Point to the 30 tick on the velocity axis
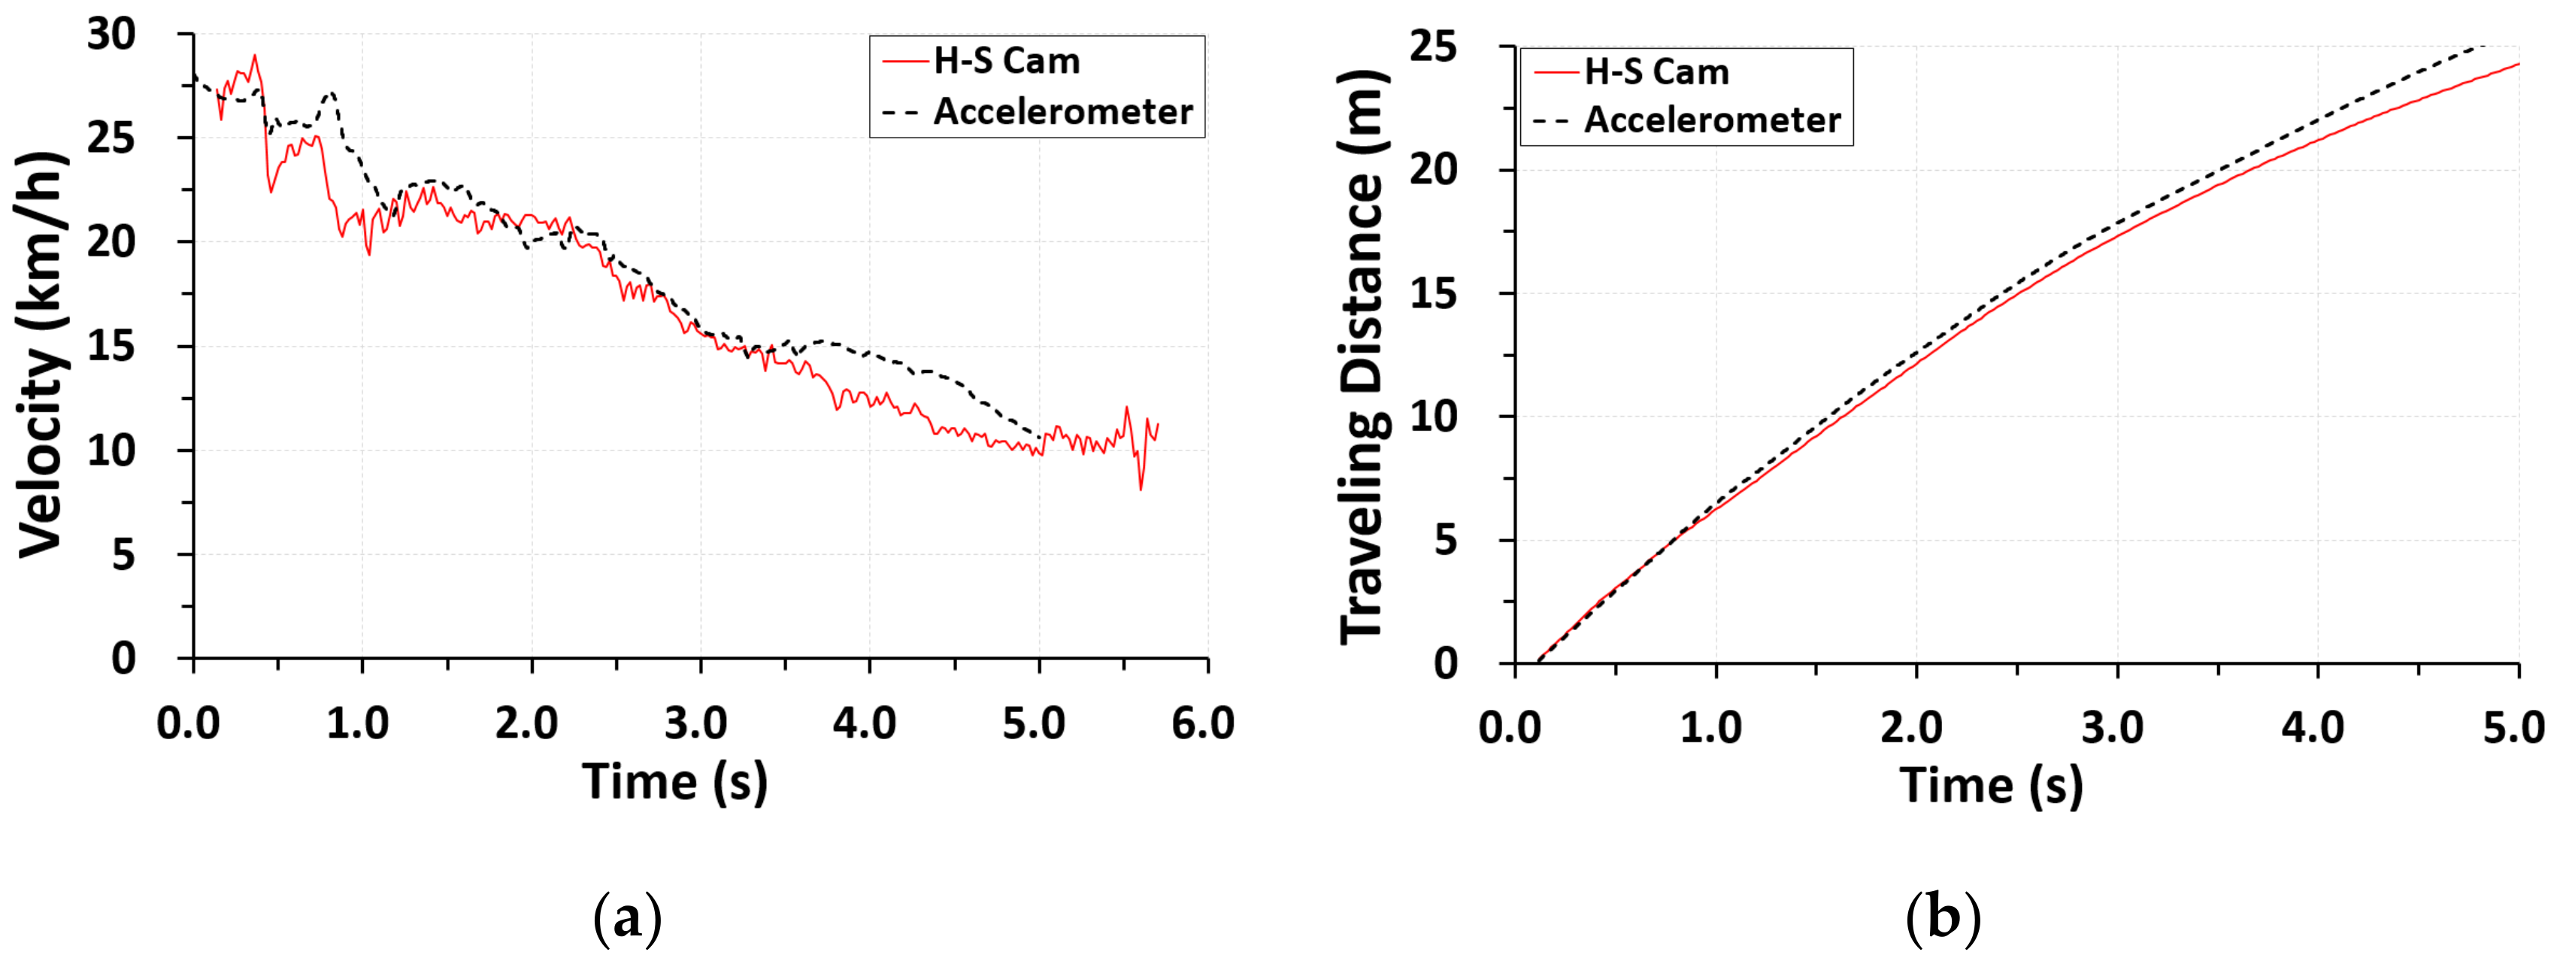click(x=111, y=35)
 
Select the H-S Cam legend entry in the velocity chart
click(x=1006, y=62)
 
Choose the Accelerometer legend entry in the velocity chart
click(x=1062, y=111)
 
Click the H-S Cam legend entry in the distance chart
click(x=1656, y=72)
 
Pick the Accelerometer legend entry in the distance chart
click(x=1711, y=120)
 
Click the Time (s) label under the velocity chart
click(x=675, y=782)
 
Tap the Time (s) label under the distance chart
click(x=1992, y=786)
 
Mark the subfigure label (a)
click(x=627, y=918)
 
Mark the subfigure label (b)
click(x=1943, y=918)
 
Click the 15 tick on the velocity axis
click(x=111, y=347)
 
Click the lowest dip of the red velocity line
click(x=1141, y=489)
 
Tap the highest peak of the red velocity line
click(x=254, y=56)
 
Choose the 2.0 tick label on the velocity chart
click(x=527, y=723)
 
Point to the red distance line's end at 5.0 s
click(x=2517, y=65)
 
